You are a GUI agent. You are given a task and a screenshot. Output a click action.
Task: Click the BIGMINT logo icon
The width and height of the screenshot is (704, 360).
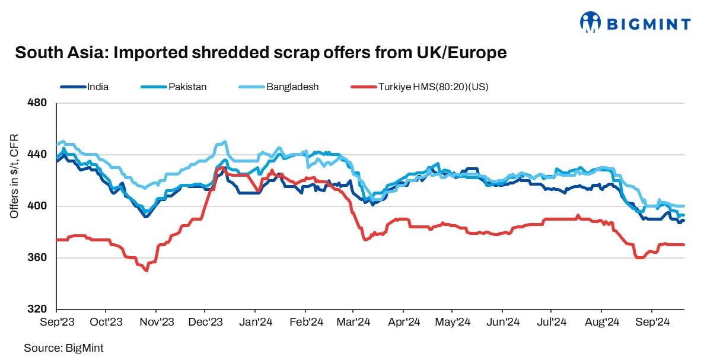coord(590,23)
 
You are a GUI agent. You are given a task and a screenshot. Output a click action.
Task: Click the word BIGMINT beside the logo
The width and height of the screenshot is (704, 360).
coord(648,24)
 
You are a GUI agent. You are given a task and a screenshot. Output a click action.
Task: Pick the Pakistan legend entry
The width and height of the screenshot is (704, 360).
coord(186,87)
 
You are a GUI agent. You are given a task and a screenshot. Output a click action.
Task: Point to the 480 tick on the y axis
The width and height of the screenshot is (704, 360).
coord(37,103)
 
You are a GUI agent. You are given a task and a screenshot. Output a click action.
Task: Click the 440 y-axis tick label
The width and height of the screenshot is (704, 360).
coord(37,155)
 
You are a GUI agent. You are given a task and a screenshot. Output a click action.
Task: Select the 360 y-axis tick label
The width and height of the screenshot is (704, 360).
coord(37,258)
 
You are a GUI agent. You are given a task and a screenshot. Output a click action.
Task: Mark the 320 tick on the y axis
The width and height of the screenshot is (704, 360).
coord(37,310)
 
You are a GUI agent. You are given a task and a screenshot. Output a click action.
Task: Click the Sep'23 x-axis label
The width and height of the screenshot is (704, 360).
coord(56,323)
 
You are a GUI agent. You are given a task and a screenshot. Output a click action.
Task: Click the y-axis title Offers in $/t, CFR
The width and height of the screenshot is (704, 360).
coord(14,176)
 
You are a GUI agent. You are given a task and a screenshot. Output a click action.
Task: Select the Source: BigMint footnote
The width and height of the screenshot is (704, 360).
coord(59,348)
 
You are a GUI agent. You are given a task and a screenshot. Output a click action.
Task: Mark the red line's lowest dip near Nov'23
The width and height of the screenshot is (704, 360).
coord(146,270)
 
